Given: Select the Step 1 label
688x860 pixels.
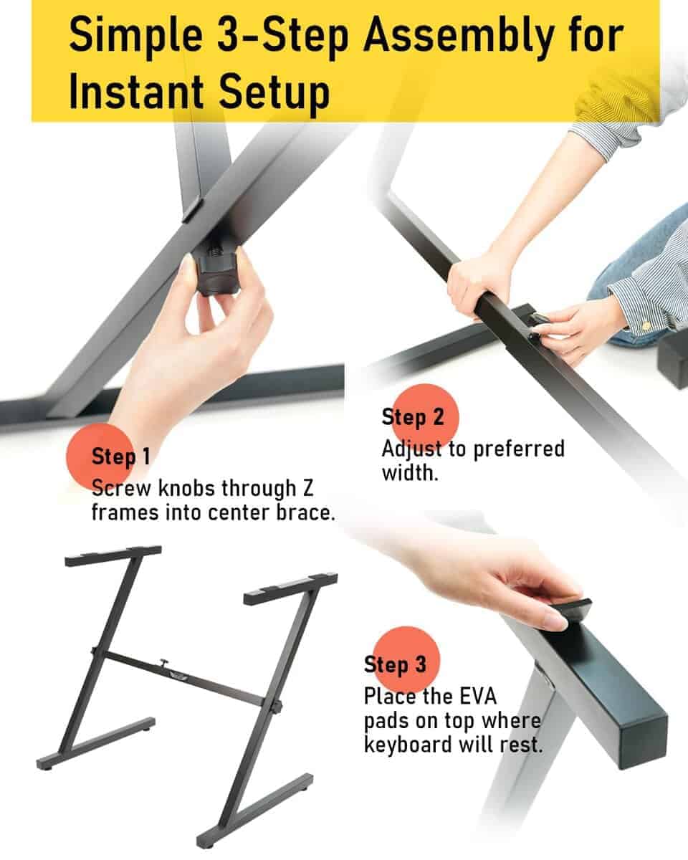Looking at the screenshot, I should point(121,457).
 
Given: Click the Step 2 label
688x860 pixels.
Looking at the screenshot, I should point(412,417).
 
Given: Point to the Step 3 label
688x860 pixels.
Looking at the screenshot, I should point(395,664).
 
